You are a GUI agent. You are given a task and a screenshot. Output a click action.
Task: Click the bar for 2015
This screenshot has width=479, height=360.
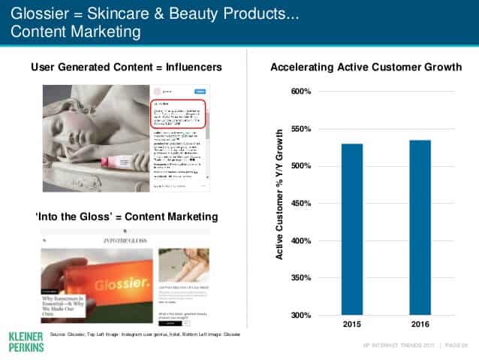pos(352,229)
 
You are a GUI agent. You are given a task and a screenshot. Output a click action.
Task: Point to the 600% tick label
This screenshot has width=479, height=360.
pos(300,92)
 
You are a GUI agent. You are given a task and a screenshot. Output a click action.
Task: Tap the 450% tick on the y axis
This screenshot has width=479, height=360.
pos(300,203)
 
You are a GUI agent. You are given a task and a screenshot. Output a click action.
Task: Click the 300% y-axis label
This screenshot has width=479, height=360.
pos(300,315)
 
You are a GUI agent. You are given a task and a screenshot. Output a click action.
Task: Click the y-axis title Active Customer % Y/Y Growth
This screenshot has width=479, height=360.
pos(279,195)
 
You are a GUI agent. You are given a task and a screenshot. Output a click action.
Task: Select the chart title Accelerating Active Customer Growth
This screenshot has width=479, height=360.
pos(366,68)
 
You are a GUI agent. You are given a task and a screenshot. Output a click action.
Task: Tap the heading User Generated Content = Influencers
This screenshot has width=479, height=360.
pos(126,68)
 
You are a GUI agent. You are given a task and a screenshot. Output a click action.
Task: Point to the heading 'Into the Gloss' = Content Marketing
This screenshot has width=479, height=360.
pos(127,216)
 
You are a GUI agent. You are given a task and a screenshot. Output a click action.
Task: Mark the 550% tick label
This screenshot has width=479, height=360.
pos(300,129)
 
